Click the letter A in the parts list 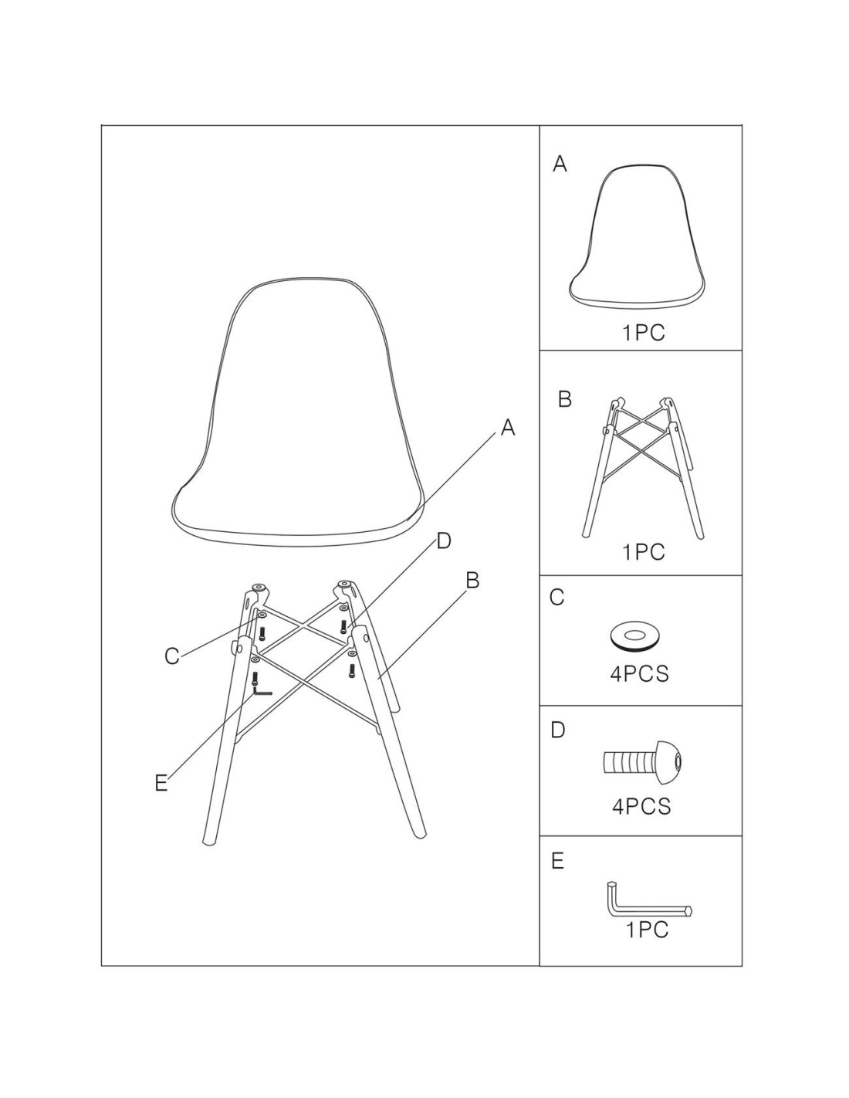[x=560, y=164]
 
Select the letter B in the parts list [x=565, y=399]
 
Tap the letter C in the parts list [x=556, y=597]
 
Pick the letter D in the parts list [x=557, y=730]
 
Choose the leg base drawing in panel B [x=642, y=468]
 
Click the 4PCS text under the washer [x=639, y=674]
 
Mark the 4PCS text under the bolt [x=641, y=806]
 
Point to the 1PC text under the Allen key [x=648, y=930]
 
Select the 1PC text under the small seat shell [x=644, y=333]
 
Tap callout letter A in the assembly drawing [x=508, y=428]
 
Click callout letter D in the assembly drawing [x=443, y=541]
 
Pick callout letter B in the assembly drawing [x=472, y=581]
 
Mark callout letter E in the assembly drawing [x=161, y=784]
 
